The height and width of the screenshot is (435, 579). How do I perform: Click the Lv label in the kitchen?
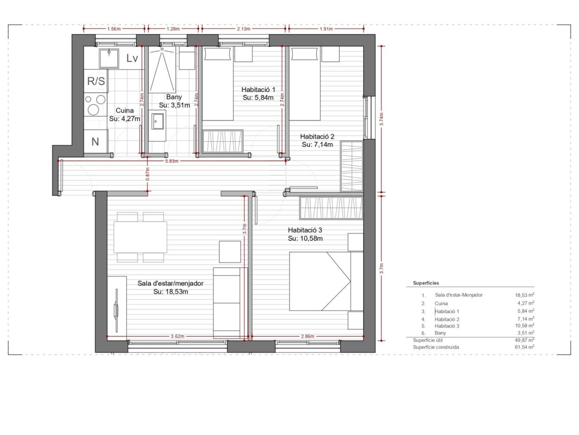(132, 58)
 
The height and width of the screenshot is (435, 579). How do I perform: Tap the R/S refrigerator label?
(96, 81)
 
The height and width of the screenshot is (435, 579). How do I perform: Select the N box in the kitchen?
(95, 141)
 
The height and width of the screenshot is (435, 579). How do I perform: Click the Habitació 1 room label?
(258, 90)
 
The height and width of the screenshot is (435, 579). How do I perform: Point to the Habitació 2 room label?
(318, 136)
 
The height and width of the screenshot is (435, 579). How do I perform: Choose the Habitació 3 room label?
(305, 230)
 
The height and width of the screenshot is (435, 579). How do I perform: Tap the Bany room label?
(174, 97)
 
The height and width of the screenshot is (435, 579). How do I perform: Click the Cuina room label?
(124, 111)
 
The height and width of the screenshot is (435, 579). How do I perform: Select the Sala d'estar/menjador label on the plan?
(171, 283)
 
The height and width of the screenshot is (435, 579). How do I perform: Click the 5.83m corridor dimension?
(172, 161)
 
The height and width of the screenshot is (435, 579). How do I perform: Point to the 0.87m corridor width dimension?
(148, 174)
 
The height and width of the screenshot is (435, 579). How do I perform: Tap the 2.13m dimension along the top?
(243, 29)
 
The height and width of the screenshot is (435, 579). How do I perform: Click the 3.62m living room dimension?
(177, 336)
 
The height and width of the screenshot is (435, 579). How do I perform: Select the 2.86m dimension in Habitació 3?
(308, 336)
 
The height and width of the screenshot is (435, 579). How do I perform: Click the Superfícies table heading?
(426, 283)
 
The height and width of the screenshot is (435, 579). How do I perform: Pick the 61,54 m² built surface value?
(524, 347)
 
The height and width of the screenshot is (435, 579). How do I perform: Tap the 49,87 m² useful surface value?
(524, 340)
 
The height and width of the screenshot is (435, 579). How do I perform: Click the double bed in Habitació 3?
(326, 281)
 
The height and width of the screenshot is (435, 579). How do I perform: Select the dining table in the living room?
(140, 237)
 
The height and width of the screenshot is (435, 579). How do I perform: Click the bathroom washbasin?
(157, 122)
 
